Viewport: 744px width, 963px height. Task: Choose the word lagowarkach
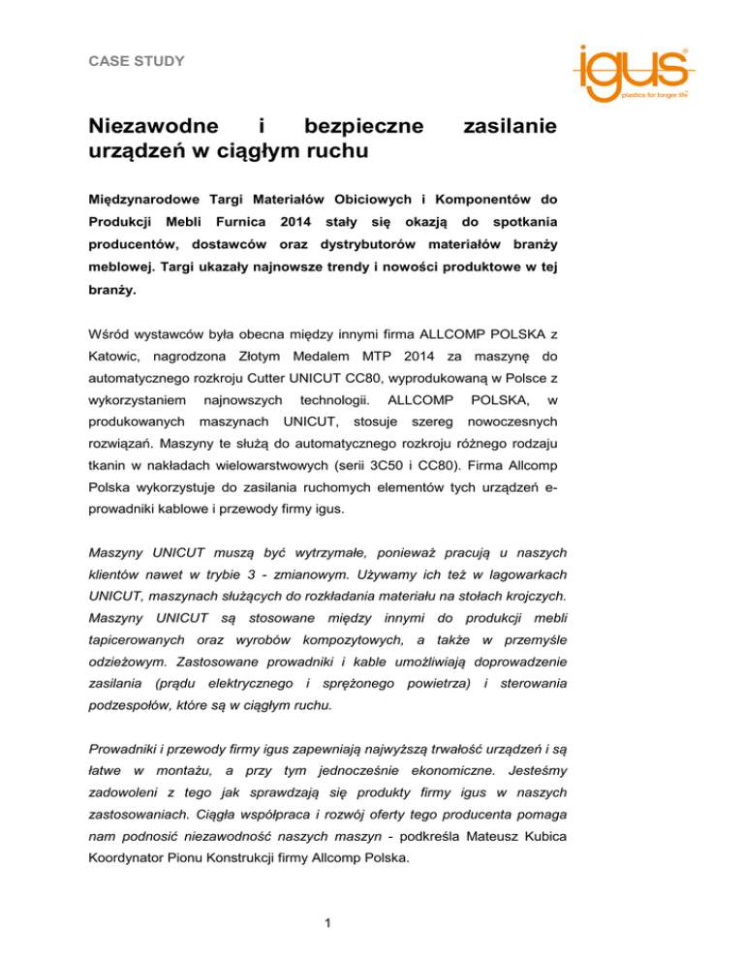pos(514,574)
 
